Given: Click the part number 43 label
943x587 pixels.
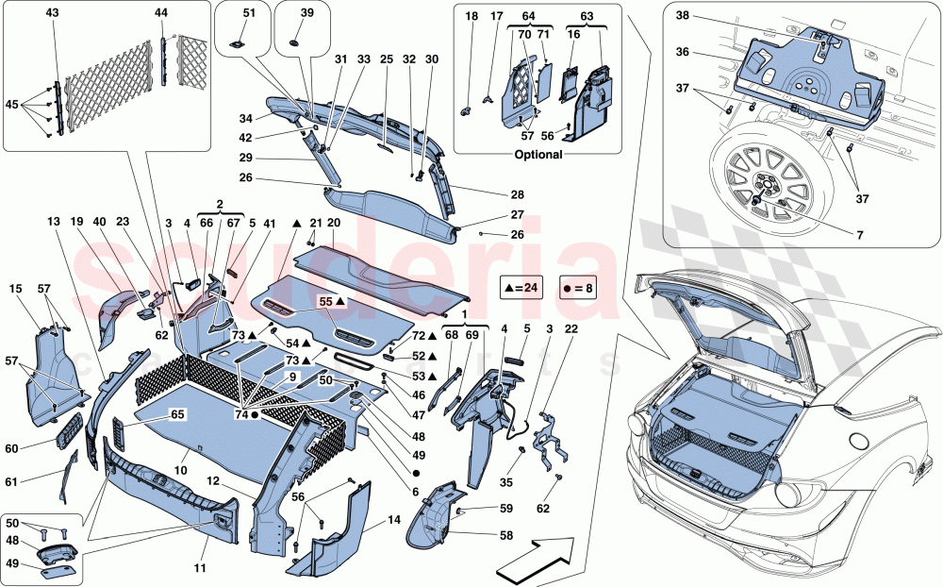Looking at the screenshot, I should point(51,12).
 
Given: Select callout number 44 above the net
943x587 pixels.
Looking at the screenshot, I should point(161,12).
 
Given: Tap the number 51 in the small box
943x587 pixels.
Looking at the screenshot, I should point(249,12).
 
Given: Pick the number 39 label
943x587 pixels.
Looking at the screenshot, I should point(307,12).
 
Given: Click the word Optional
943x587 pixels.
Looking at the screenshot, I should point(539,155).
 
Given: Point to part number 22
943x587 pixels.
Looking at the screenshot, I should point(571,329).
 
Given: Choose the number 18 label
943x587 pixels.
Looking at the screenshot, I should point(470,15).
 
